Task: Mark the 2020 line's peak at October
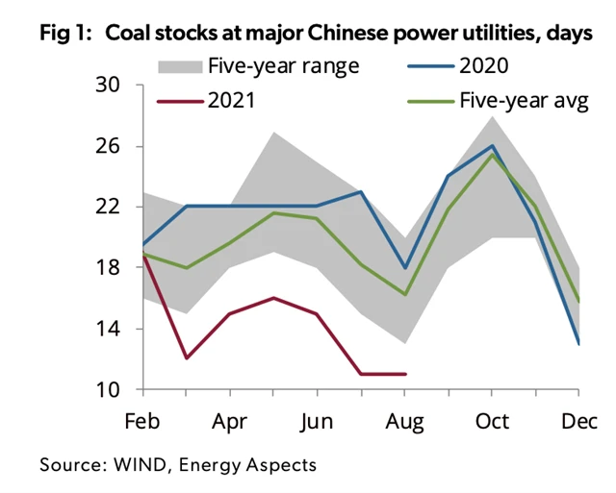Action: [492, 146]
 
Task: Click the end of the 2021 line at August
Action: [404, 374]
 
